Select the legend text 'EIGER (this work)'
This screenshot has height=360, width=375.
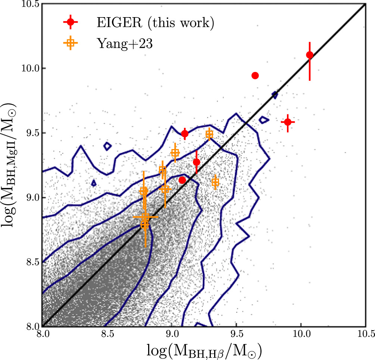153,23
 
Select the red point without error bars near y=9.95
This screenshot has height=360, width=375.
255,76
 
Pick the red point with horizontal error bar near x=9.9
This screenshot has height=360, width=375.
288,122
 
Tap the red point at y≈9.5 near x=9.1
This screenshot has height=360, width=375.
185,134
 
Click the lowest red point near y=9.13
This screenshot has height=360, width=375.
182,180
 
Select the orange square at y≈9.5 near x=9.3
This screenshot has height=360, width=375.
209,134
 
